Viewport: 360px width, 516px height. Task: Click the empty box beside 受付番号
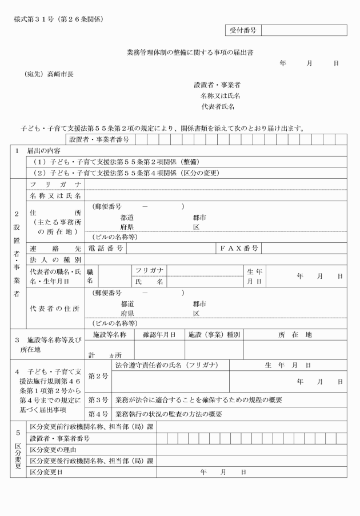point(301,30)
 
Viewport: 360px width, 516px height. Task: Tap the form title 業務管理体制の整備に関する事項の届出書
point(190,53)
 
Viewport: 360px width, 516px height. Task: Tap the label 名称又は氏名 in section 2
point(55,195)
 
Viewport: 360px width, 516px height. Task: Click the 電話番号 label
point(105,248)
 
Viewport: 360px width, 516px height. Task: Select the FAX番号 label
point(239,248)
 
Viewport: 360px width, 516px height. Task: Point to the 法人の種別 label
point(55,259)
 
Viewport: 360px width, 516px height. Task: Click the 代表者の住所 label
point(55,309)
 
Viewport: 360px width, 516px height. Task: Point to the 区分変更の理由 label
point(56,450)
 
